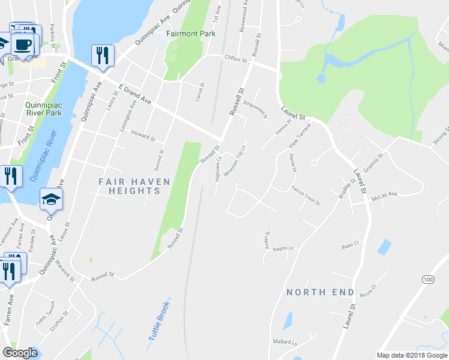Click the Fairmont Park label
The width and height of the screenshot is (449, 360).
pyautogui.click(x=191, y=34)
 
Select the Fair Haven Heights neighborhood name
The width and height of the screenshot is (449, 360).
pyautogui.click(x=135, y=186)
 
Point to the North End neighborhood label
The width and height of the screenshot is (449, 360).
pyautogui.click(x=320, y=292)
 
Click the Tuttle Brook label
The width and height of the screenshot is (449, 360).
pyautogui.click(x=159, y=322)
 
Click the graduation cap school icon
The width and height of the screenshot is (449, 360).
pyautogui.click(x=51, y=200)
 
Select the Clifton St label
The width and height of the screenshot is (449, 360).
pyautogui.click(x=235, y=59)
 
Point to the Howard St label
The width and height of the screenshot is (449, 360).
pyautogui.click(x=143, y=137)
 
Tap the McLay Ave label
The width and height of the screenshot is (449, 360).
pyautogui.click(x=385, y=194)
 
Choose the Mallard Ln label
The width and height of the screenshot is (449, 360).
pyautogui.click(x=286, y=341)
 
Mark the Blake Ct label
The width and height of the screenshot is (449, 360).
pyautogui.click(x=349, y=245)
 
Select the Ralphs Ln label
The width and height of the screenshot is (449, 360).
pyautogui.click(x=283, y=248)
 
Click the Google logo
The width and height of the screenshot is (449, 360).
pyautogui.click(x=20, y=353)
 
